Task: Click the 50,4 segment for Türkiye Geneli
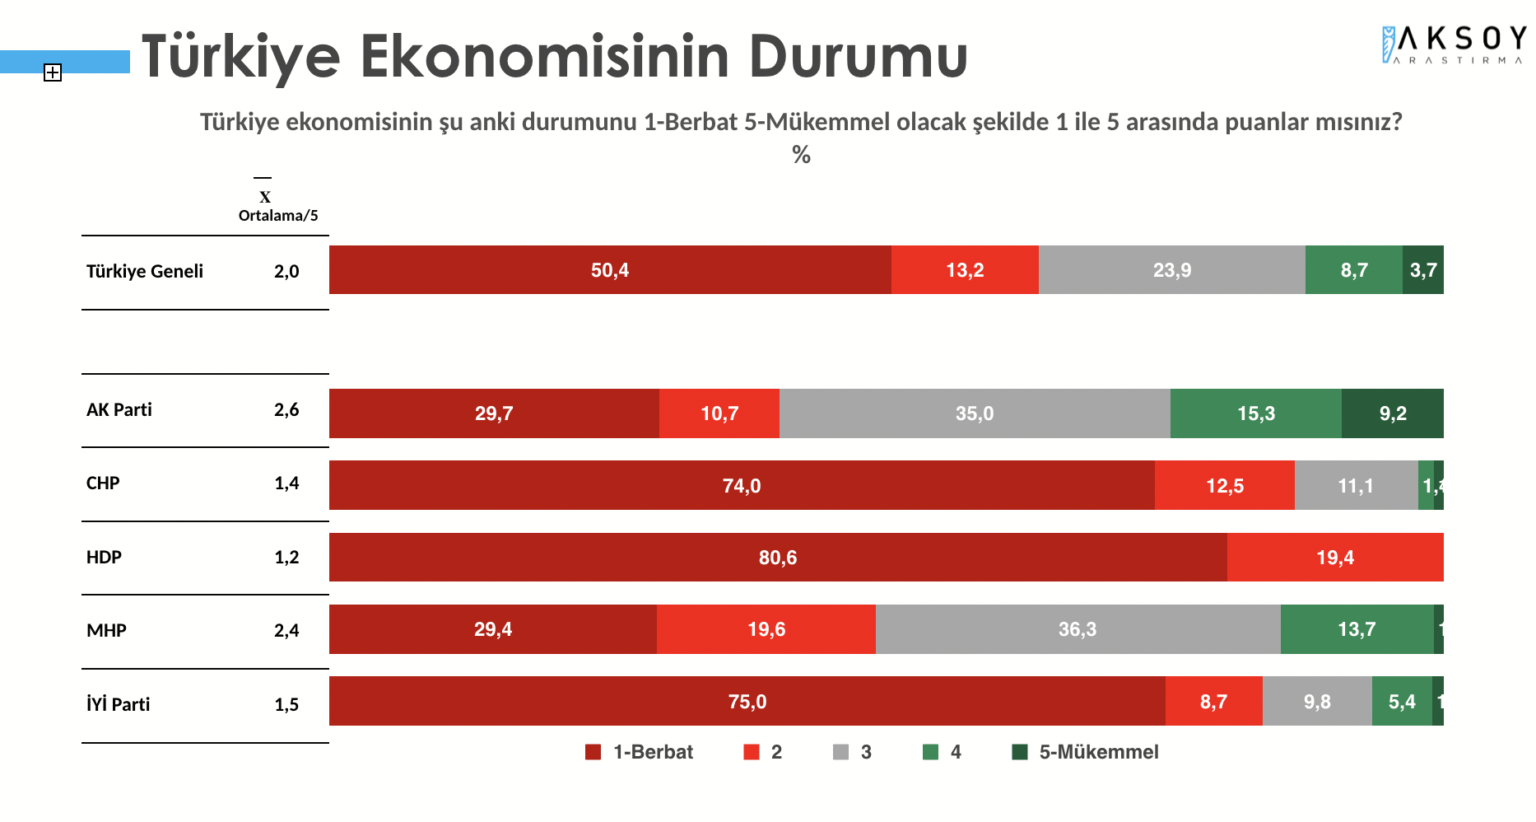[x=610, y=270]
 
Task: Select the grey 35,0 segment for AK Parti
[x=975, y=413]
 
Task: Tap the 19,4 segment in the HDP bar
[x=1334, y=558]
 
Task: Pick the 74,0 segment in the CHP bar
[x=742, y=486]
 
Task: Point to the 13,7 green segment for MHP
[x=1357, y=630]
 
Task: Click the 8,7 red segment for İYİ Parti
[x=1213, y=702]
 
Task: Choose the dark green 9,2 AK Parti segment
[x=1393, y=413]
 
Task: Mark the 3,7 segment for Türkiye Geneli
[x=1423, y=270]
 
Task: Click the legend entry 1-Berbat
[x=639, y=752]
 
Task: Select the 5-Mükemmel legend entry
[x=1085, y=752]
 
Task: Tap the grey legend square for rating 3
[x=840, y=752]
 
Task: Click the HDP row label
[x=105, y=558]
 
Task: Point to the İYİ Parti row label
[x=119, y=704]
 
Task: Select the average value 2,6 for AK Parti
[x=286, y=410]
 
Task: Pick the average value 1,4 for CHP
[x=286, y=483]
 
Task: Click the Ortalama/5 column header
[x=277, y=216]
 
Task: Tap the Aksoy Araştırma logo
[x=1453, y=44]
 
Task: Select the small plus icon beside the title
[x=53, y=72]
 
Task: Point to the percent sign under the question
[x=801, y=155]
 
